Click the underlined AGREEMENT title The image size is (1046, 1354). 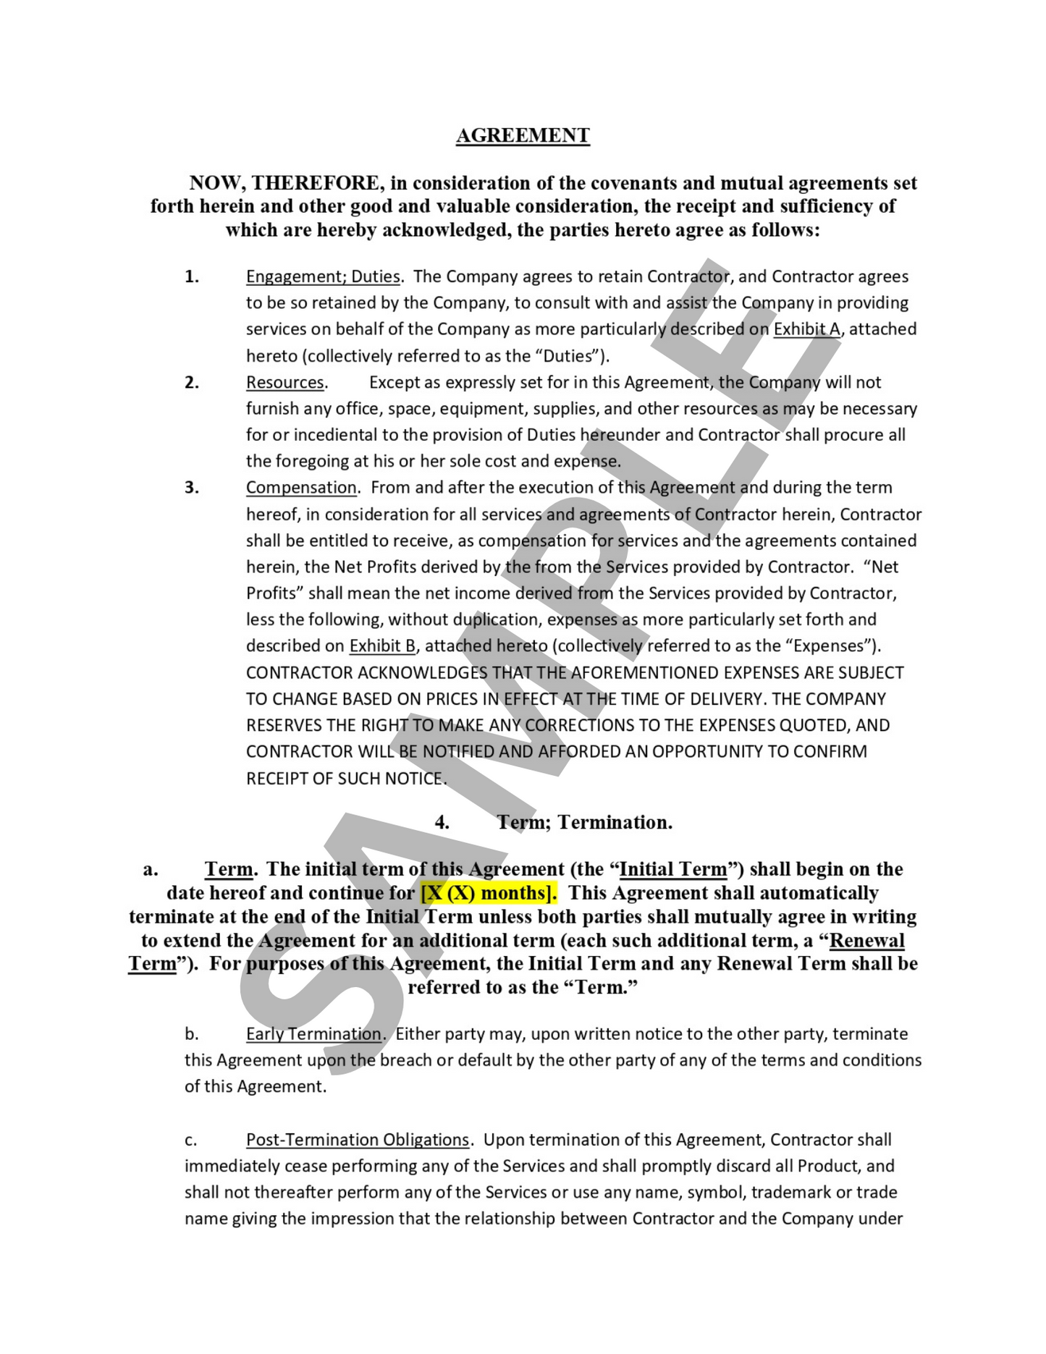click(523, 135)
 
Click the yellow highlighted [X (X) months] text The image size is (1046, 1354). click(489, 892)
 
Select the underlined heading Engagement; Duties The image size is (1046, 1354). click(323, 276)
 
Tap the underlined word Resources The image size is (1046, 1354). click(285, 382)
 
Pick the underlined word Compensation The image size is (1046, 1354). click(301, 488)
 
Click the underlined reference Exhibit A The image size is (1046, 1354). click(806, 329)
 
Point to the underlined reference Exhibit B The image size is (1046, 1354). click(382, 646)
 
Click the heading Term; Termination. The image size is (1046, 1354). click(584, 822)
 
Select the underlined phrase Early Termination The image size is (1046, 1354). click(313, 1033)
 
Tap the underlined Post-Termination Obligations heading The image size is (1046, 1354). click(358, 1139)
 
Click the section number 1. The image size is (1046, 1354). click(192, 276)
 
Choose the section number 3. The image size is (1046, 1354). click(192, 488)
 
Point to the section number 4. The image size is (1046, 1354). click(442, 822)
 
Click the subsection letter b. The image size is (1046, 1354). click(191, 1033)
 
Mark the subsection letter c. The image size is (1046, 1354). click(190, 1140)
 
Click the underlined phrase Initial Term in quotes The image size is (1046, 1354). click(673, 869)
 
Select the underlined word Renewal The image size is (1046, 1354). click(866, 940)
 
